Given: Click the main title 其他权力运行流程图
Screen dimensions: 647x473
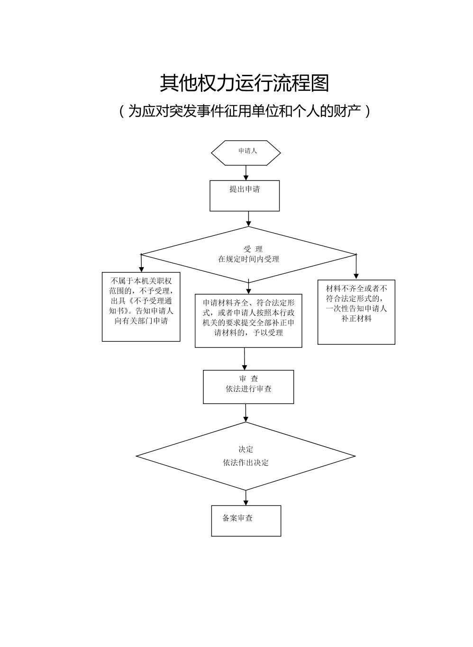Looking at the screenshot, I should (x=244, y=83).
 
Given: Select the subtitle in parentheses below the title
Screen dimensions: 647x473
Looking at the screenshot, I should (x=244, y=111).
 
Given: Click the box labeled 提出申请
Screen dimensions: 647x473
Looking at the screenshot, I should (x=245, y=195).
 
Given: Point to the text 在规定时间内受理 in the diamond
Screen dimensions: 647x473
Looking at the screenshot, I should (x=248, y=259).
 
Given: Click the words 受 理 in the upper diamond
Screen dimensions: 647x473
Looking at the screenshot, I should (x=253, y=249).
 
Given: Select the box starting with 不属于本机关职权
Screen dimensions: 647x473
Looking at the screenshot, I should (x=141, y=306).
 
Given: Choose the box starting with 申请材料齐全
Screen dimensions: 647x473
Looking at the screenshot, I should (x=248, y=321).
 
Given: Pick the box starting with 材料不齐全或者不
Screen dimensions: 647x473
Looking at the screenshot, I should (x=356, y=312).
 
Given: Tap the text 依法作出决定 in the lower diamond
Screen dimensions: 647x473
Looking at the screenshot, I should (x=246, y=463).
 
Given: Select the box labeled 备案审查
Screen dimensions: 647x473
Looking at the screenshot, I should (x=246, y=521).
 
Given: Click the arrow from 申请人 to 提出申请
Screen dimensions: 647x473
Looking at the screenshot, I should (x=246, y=173).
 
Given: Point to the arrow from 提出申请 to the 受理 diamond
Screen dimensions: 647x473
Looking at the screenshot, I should (x=248, y=219).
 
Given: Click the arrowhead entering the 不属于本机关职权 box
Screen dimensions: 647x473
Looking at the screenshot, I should (x=141, y=269).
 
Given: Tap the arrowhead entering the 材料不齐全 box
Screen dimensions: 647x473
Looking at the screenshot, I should (x=356, y=276).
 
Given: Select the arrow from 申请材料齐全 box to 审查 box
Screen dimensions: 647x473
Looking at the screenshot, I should (x=245, y=359).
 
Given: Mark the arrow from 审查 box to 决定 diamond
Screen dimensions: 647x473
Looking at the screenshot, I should (x=246, y=413).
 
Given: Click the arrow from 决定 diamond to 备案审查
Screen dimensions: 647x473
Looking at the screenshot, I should (x=246, y=498).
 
